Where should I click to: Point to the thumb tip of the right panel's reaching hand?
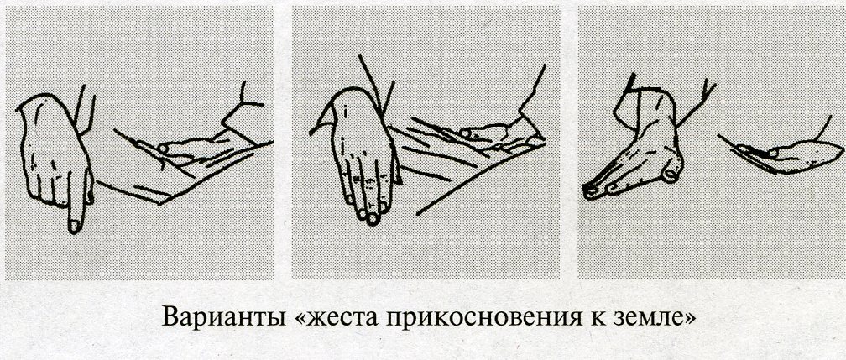671,175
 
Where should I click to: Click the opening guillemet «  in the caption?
303,320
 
